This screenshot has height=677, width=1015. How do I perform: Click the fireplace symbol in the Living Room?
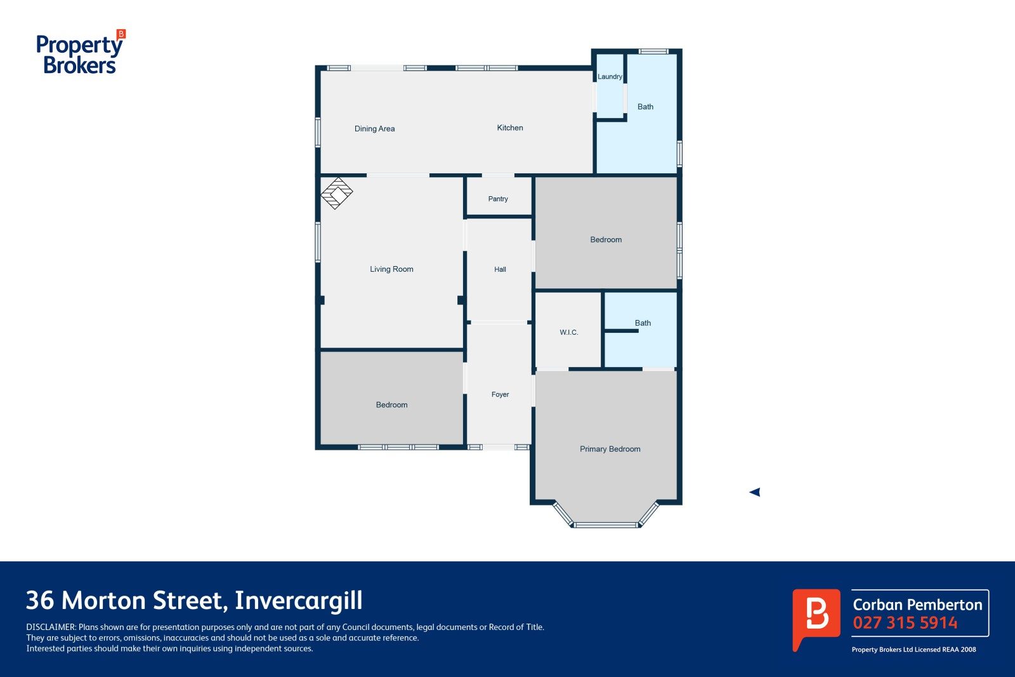(337, 193)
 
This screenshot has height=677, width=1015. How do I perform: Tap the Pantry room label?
(498, 199)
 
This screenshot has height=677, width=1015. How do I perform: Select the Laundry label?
(610, 77)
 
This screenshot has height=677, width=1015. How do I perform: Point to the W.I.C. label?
(568, 332)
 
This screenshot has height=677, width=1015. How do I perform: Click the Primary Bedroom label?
(610, 449)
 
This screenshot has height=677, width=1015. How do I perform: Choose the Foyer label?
(500, 394)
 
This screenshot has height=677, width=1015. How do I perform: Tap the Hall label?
(500, 269)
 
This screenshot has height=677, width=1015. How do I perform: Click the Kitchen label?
(510, 128)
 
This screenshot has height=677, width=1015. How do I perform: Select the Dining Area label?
(374, 128)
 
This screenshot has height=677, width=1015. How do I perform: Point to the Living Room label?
(391, 269)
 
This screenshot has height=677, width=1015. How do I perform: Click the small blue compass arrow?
(754, 492)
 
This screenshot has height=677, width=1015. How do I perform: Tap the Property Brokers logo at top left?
(81, 51)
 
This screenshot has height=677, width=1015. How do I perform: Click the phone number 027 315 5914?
(905, 622)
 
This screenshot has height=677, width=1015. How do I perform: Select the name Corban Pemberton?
(917, 605)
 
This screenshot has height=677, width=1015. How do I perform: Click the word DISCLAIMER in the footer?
(51, 627)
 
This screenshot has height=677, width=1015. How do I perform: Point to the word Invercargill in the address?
(299, 600)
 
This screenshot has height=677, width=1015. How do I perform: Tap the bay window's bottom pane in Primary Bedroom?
(606, 525)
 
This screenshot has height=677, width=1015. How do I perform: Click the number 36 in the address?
(40, 600)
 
